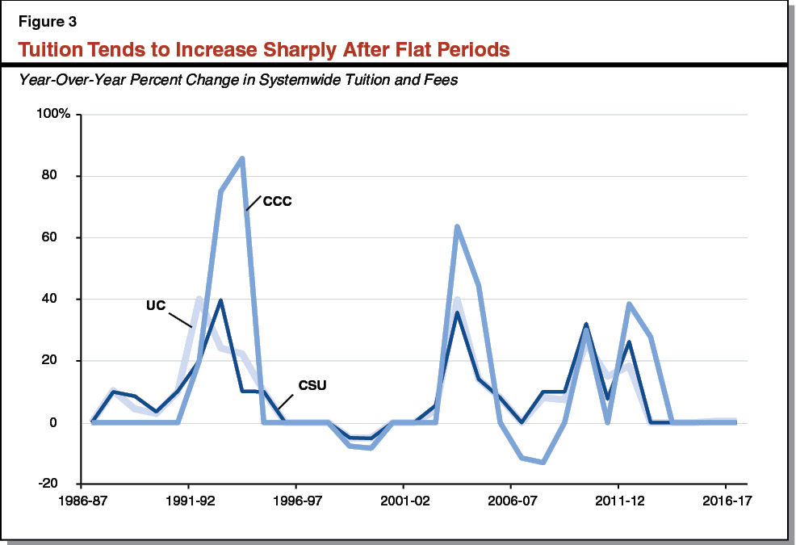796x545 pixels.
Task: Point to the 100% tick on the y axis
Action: (x=54, y=115)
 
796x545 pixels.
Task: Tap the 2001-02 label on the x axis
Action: (x=403, y=501)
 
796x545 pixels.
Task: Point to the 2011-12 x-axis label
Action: (x=618, y=501)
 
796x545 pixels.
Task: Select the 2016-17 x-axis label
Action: (x=725, y=501)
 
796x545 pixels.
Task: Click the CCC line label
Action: (x=276, y=201)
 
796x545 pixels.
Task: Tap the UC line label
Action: (x=157, y=307)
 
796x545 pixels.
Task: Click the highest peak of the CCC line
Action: (x=242, y=158)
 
